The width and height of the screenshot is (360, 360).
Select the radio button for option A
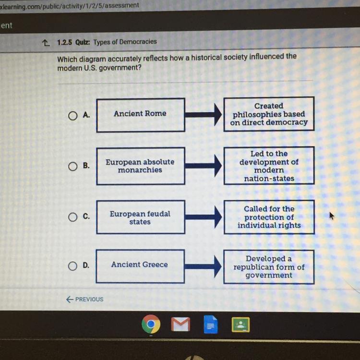click(72, 115)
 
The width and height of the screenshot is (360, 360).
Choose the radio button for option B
click(72, 166)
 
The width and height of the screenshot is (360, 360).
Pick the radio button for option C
click(72, 217)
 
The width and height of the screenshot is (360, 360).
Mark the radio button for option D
click(72, 265)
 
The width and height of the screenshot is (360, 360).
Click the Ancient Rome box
click(140, 115)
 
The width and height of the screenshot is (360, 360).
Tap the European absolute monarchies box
click(140, 166)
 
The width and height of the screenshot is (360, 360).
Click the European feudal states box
click(140, 217)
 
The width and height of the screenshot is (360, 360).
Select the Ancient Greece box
click(140, 265)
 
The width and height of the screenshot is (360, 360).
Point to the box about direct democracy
click(269, 114)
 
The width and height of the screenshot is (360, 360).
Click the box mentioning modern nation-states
click(269, 166)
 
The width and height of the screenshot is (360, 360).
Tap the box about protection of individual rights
click(269, 217)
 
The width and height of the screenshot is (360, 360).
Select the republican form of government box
click(269, 267)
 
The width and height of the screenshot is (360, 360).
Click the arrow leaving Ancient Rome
click(204, 115)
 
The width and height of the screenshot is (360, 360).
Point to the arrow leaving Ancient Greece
click(204, 265)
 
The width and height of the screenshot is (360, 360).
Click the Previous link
click(85, 299)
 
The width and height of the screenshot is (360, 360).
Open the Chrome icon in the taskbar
click(151, 325)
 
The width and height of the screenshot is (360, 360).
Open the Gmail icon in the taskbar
click(180, 325)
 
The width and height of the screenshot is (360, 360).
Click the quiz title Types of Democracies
click(125, 42)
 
